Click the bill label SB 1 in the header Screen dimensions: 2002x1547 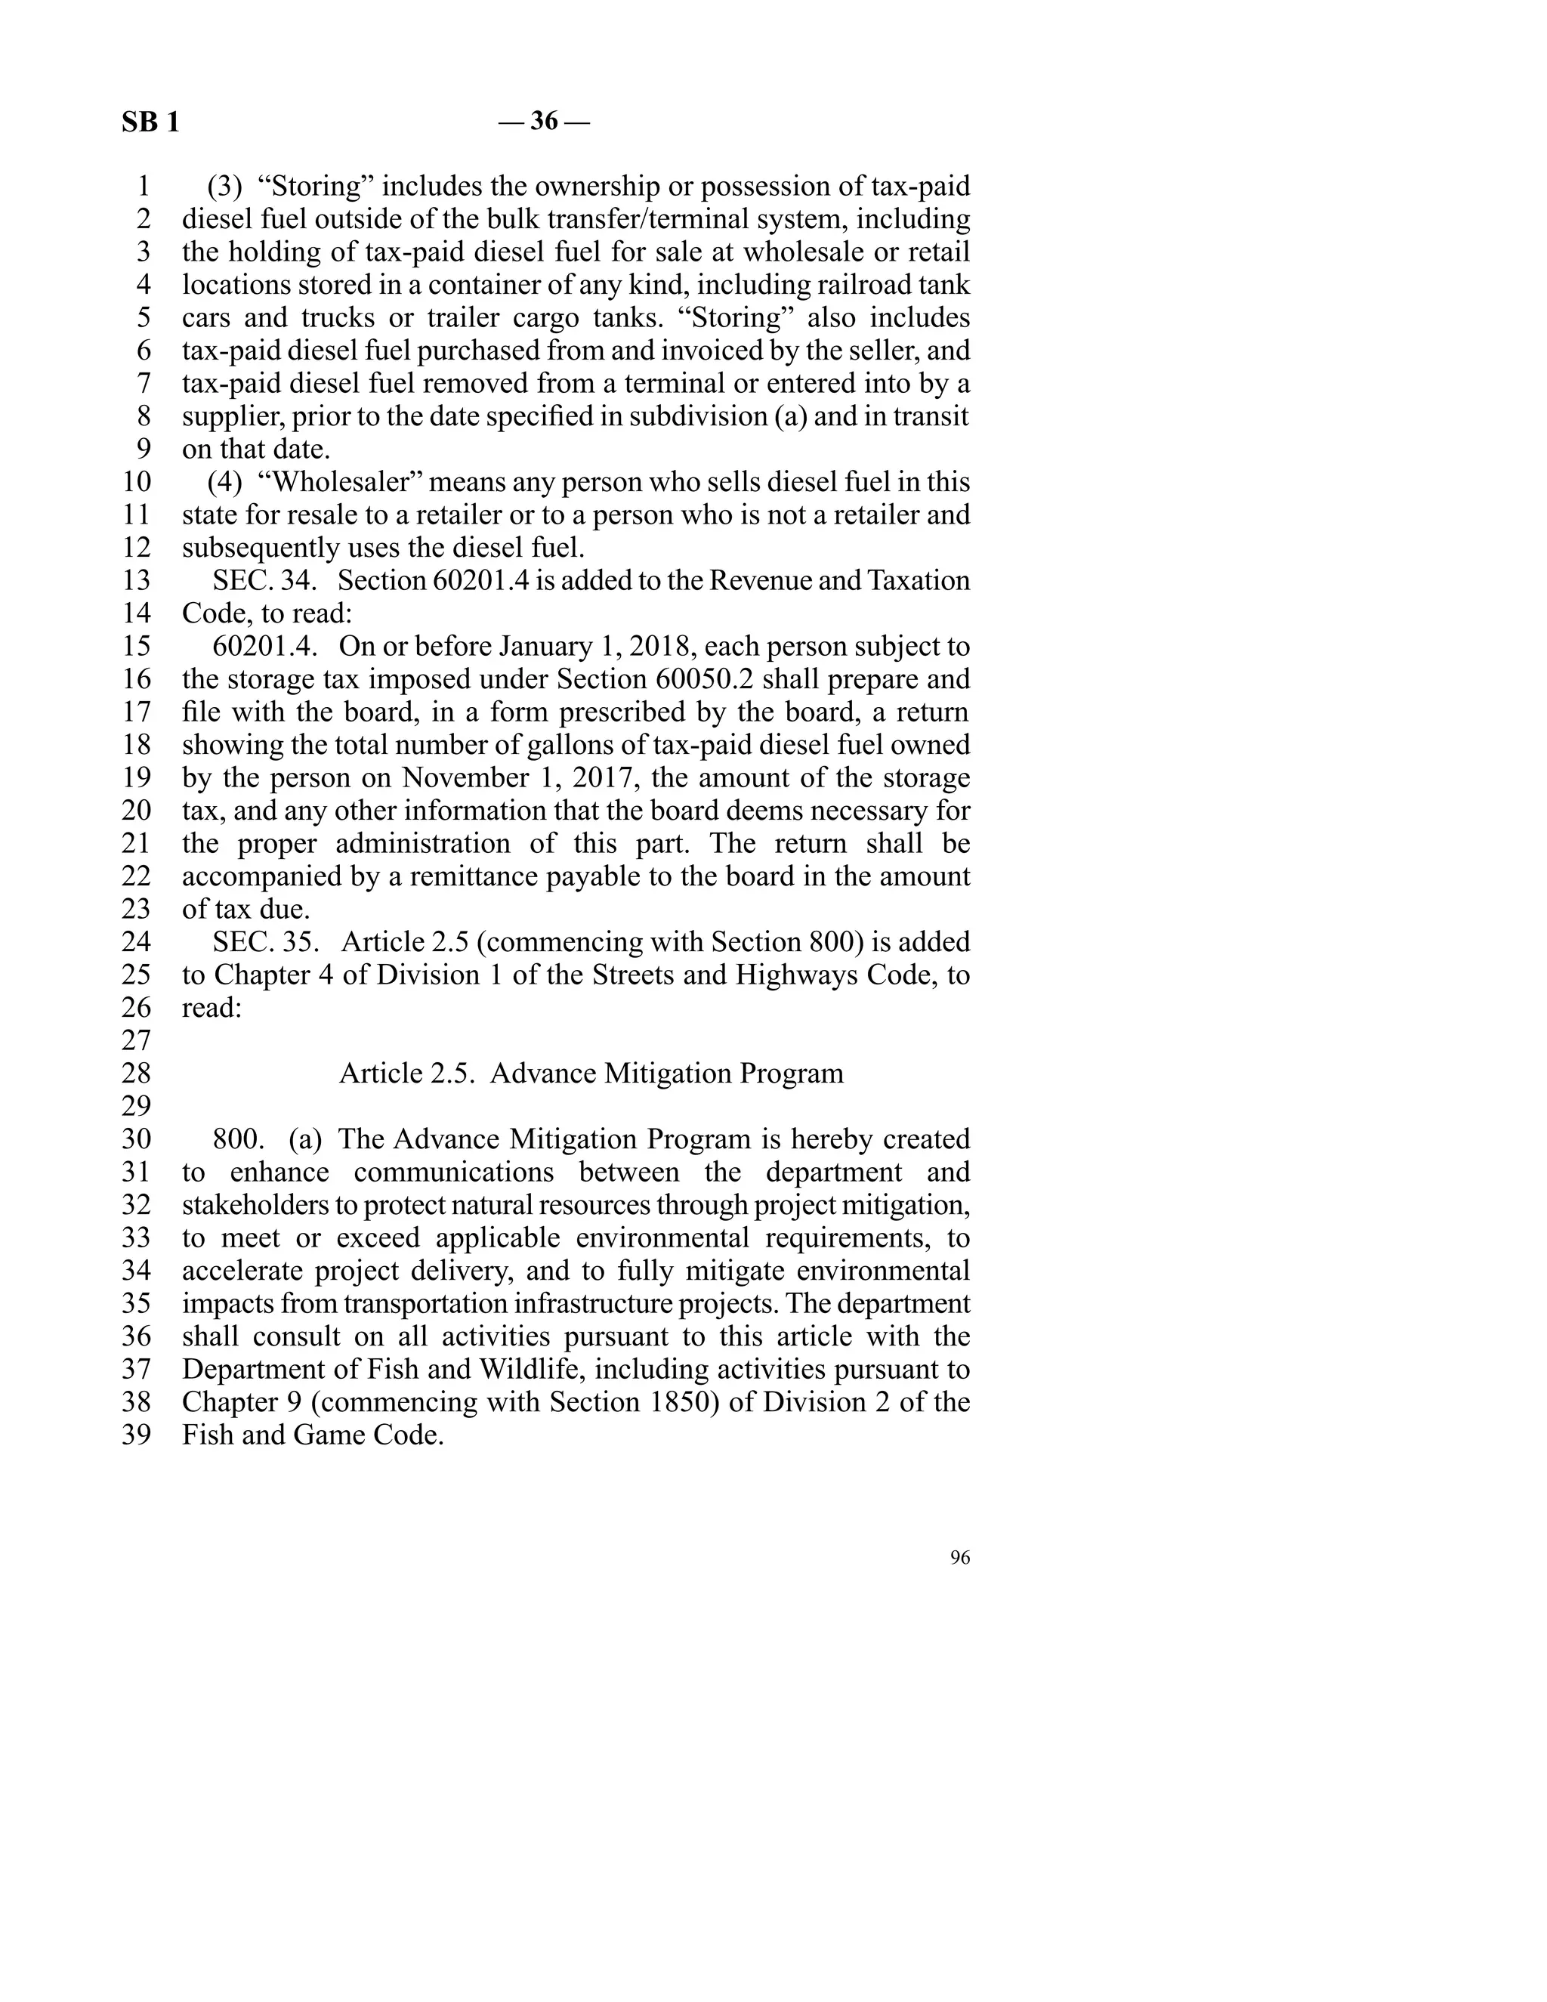[150, 122]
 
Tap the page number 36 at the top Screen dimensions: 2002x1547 [543, 121]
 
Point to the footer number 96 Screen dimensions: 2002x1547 [959, 1559]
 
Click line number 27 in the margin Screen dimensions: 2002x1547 [137, 1040]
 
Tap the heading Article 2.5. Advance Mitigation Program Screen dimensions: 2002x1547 [591, 1074]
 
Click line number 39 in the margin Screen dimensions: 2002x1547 [137, 1435]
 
